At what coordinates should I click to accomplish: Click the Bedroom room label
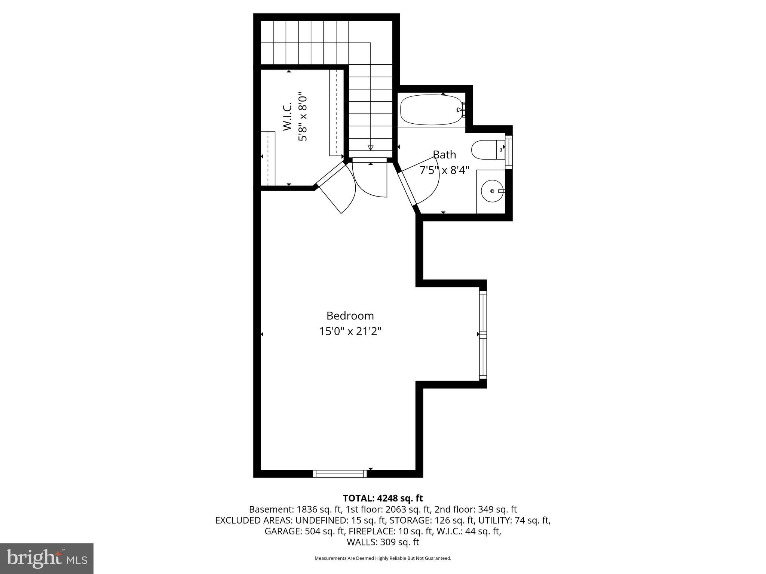[350, 316]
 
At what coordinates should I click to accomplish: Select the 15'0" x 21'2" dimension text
[350, 331]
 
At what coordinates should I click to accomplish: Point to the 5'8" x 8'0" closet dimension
[303, 117]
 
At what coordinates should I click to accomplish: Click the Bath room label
[444, 154]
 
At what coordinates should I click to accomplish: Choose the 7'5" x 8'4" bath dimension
[444, 170]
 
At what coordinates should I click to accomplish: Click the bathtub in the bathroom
[432, 110]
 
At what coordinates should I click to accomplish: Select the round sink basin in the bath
[492, 191]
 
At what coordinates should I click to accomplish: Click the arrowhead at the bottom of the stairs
[370, 148]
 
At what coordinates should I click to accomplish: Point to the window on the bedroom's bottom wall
[340, 474]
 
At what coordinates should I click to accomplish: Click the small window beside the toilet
[509, 152]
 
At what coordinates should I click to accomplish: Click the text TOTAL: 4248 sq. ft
[383, 498]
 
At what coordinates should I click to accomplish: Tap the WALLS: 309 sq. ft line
[383, 542]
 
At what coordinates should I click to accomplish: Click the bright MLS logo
[47, 558]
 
